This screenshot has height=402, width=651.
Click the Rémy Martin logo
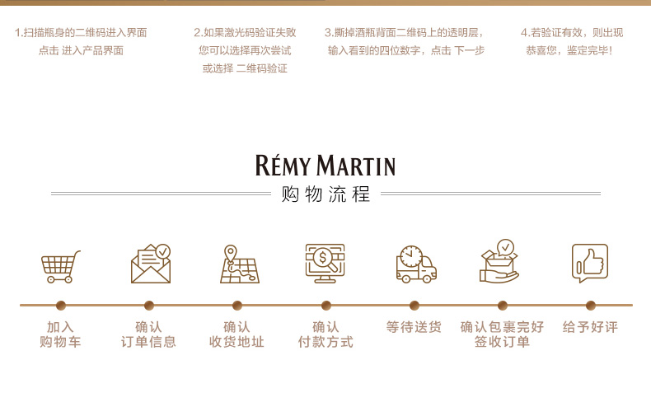pyautogui.click(x=325, y=166)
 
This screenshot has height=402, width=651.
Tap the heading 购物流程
pyautogui.click(x=325, y=195)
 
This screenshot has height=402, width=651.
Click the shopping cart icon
pyautogui.click(x=61, y=265)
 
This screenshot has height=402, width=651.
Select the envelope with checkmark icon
pyautogui.click(x=150, y=264)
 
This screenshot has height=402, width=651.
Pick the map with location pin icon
pyautogui.click(x=238, y=264)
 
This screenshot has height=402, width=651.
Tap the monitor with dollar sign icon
pyautogui.click(x=325, y=264)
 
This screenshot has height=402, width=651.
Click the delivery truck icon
pyautogui.click(x=414, y=264)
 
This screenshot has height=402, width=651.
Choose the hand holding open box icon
pyautogui.click(x=500, y=263)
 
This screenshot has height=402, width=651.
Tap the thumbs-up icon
pyautogui.click(x=590, y=264)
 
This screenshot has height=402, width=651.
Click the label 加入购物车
pyautogui.click(x=60, y=334)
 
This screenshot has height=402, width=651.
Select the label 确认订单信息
pyautogui.click(x=149, y=334)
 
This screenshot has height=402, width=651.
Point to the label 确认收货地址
pyautogui.click(x=237, y=334)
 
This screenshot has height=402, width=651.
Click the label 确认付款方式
pyautogui.click(x=325, y=334)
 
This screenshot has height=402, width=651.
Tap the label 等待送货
pyautogui.click(x=414, y=327)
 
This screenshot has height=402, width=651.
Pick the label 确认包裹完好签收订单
pyautogui.click(x=502, y=334)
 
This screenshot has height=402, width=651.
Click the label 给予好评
pyautogui.click(x=590, y=327)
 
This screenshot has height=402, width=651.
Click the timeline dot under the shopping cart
pyautogui.click(x=60, y=305)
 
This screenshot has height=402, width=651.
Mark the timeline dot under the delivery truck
pyautogui.click(x=414, y=305)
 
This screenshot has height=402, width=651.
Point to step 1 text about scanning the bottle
pyautogui.click(x=81, y=41)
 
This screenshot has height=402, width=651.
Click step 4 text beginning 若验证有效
pyautogui.click(x=571, y=41)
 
